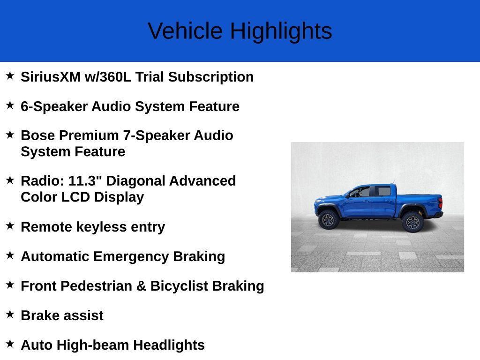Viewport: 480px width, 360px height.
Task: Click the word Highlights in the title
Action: (281, 31)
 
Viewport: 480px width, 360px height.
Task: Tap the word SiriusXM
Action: (51, 77)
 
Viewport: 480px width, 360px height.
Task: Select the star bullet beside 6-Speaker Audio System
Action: (10, 105)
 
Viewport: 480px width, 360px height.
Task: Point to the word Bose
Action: (38, 135)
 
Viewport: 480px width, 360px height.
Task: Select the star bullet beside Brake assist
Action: (10, 315)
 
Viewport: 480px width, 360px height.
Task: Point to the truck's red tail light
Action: (440, 203)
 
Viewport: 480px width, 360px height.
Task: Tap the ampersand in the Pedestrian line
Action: (141, 286)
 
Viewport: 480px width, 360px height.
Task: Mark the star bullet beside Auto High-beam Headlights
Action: (10, 344)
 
